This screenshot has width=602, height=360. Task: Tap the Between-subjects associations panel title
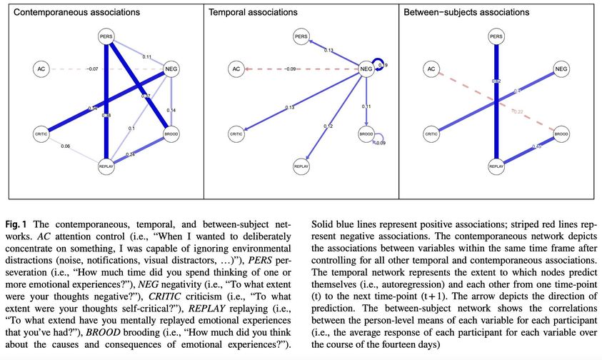[x=466, y=13]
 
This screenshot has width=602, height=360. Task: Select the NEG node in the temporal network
[x=366, y=69]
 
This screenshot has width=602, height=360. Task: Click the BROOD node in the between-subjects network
[x=561, y=134]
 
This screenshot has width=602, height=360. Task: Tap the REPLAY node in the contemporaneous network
[x=106, y=166]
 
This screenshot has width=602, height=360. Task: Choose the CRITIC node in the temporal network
[x=236, y=134]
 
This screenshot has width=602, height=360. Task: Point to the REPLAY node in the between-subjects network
[x=497, y=166]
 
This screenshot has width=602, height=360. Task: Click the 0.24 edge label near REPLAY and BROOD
[x=131, y=154]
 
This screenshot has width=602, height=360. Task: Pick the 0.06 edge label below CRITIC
[x=66, y=146]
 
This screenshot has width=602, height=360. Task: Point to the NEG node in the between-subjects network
[x=561, y=69]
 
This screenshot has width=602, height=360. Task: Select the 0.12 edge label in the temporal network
[x=328, y=126]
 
